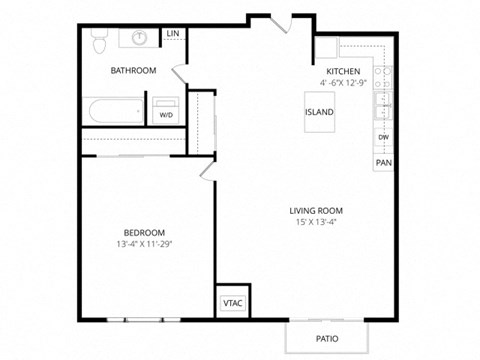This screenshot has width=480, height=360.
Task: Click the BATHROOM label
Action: [133, 70]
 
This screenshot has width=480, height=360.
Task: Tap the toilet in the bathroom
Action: [98, 42]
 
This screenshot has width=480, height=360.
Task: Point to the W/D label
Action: [166, 116]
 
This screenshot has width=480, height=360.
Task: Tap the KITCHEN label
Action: [342, 71]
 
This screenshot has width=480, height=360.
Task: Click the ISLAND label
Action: [320, 112]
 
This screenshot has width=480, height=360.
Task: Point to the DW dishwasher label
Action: [383, 136]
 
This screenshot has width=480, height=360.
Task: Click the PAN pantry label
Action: [383, 162]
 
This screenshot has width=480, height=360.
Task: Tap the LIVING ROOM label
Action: [316, 210]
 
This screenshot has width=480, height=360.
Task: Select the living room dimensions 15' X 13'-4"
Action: [316, 223]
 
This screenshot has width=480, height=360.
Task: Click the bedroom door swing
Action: [206, 170]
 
